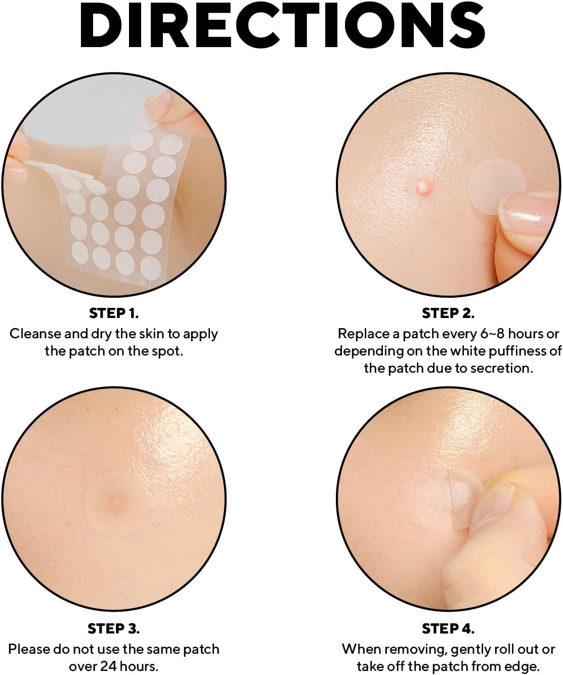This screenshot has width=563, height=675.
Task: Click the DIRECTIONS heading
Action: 282,26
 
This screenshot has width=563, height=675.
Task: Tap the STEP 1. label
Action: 114,313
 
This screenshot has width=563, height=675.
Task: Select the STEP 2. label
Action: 448,313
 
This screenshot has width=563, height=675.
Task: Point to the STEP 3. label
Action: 114,629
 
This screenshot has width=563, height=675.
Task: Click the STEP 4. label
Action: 448,629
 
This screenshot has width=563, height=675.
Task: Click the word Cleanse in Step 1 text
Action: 35,334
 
